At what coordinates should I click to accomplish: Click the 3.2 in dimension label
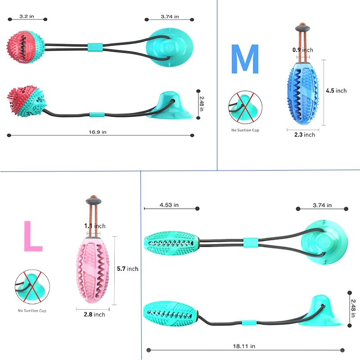coord(27,17)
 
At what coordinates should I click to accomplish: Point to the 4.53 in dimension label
coord(169,205)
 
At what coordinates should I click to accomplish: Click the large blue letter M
coord(245,59)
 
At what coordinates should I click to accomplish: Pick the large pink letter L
coord(32,236)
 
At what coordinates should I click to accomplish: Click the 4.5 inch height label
coord(336,90)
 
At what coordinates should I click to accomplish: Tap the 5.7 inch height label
coord(127,269)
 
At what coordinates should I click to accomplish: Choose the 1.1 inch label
coord(94,226)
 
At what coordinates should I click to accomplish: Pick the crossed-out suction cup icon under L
coord(31,286)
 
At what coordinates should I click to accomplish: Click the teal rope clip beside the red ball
coord(95,47)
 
